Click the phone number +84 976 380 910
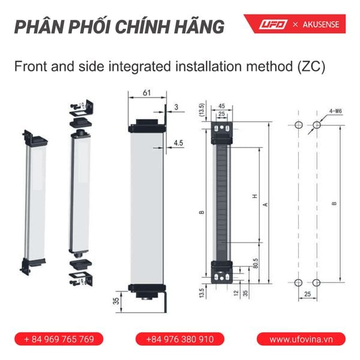click(x=179, y=339)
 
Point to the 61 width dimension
click(x=148, y=93)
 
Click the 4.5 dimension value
click(x=178, y=143)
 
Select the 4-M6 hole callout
click(x=335, y=110)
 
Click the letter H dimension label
click(x=254, y=196)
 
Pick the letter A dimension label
click(x=265, y=204)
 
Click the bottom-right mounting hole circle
click(x=316, y=283)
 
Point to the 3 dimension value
click(x=176, y=107)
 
